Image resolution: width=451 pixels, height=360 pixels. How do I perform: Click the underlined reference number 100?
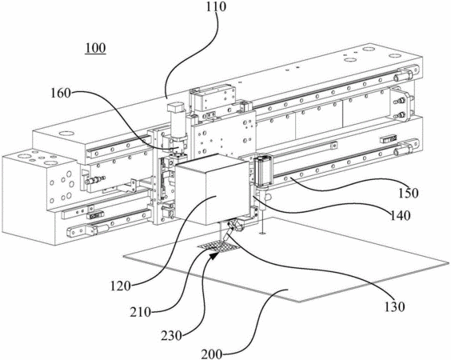click(x=95, y=48)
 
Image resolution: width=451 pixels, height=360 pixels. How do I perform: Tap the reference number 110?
click(x=216, y=6)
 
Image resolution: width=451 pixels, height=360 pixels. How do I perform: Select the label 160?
click(x=61, y=93)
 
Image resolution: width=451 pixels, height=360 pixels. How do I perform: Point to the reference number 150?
click(x=409, y=193)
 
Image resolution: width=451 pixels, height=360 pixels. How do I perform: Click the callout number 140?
click(x=401, y=214)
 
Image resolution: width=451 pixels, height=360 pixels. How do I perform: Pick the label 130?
click(x=395, y=306)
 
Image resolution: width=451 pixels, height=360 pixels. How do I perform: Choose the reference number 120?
click(x=121, y=286)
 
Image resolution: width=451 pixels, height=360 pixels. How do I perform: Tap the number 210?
click(x=141, y=312)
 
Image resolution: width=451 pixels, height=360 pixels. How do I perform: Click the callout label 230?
click(x=171, y=335)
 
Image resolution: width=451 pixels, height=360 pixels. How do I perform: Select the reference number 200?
click(x=211, y=354)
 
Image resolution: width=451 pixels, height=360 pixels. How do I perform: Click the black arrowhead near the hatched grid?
click(x=213, y=255)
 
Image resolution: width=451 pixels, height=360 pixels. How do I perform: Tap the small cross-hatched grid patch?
click(x=218, y=246)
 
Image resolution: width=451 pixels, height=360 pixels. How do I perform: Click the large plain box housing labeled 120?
click(x=211, y=190)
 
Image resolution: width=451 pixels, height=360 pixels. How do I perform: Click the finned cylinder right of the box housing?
click(x=261, y=170)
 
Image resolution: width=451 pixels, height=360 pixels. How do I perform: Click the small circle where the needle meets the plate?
click(x=261, y=234)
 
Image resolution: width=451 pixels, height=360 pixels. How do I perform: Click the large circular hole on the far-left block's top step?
click(x=67, y=134)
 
